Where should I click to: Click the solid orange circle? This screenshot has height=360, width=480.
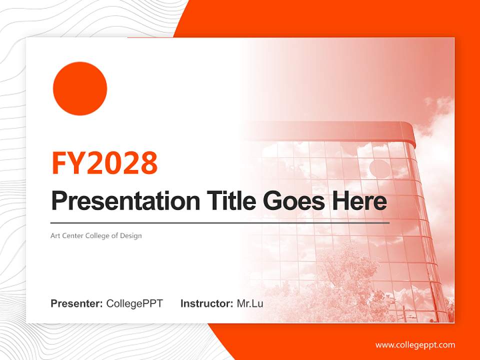80,88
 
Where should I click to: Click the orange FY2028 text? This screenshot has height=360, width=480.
104,162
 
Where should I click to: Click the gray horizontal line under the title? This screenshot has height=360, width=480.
220,222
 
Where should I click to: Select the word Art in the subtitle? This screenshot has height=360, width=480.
55,235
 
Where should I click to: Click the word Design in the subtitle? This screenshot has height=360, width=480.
131,235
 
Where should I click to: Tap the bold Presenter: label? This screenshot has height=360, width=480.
77,303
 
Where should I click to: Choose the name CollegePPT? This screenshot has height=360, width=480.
134,303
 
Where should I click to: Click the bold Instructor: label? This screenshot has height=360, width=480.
206,303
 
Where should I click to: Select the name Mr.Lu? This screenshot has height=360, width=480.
250,303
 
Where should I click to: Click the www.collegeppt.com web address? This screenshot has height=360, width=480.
415,345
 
